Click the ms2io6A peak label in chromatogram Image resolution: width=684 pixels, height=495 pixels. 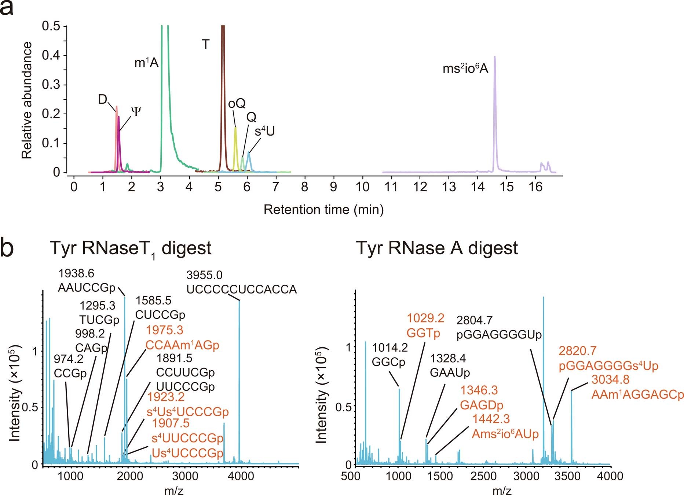tap(465, 69)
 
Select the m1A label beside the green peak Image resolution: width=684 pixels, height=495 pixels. tap(146, 63)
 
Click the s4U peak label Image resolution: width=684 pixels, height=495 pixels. tap(265, 131)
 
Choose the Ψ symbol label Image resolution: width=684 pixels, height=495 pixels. tap(136, 112)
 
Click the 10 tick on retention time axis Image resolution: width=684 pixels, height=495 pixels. tap(362, 187)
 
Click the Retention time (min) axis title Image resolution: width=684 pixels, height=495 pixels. tap(323, 210)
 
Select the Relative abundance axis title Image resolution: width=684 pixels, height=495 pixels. tap(27, 100)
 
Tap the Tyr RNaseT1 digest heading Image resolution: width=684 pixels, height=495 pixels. tap(131, 249)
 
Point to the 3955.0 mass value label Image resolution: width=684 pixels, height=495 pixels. tap(204, 275)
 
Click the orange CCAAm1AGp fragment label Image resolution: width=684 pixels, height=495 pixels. tap(182, 345)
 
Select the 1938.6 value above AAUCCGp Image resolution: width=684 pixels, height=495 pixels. tap(76, 273)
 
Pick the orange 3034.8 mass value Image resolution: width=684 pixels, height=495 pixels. tap(610, 380)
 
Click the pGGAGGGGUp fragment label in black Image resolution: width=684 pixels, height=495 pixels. tap(499, 335)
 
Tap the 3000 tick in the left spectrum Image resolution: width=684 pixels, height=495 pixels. tap(185, 476)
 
